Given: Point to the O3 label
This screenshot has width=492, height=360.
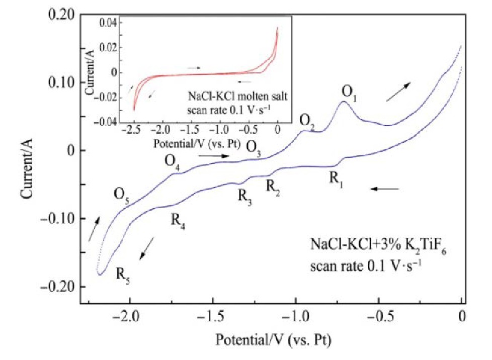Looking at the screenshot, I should (253, 148).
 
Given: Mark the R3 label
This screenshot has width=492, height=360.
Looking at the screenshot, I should (245, 197).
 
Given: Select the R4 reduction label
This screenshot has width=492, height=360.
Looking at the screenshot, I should (177, 221).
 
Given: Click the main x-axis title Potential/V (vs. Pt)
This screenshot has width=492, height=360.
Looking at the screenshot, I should (274, 339).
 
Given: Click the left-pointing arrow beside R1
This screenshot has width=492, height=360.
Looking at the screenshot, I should (384, 189).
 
